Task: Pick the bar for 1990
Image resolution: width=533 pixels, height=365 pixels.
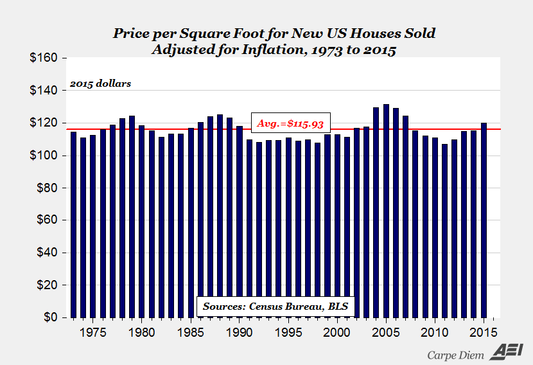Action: pos(240,222)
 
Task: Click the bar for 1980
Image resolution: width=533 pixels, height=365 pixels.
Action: pos(142,221)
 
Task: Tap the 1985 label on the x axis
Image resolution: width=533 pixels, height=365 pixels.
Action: pos(191,332)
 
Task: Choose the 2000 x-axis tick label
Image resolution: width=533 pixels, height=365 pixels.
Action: pos(337,332)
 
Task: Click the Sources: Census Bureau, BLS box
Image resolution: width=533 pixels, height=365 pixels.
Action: pos(275,307)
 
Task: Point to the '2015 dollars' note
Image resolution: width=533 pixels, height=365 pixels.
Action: pos(100,84)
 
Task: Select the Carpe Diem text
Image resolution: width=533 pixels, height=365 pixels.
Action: pos(457,353)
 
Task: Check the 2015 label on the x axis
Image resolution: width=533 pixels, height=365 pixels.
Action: pos(484,332)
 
